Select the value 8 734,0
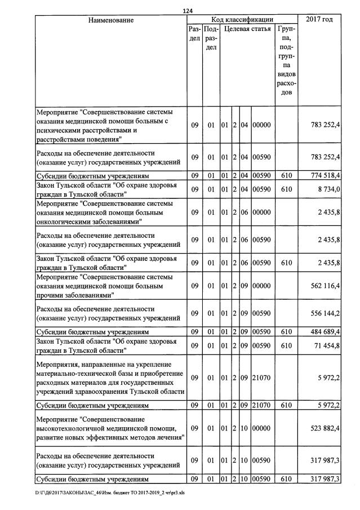(x=328, y=189)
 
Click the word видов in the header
(x=287, y=74)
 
